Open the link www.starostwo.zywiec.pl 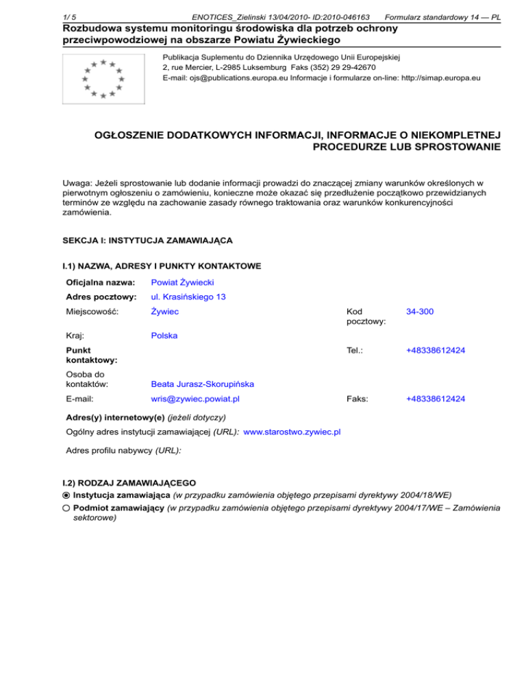(293, 431)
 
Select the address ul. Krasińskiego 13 (188, 297)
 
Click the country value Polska (164, 336)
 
